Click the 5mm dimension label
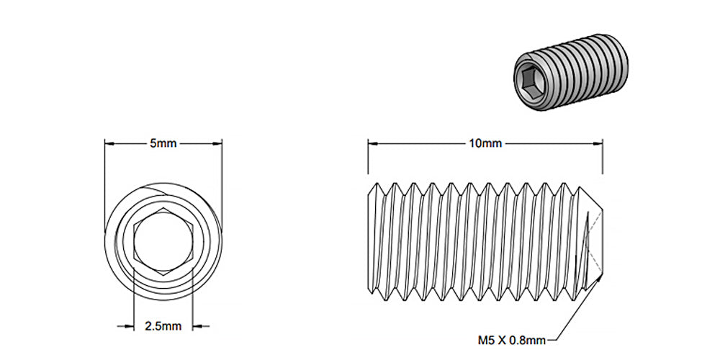(163, 143)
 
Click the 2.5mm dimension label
(163, 326)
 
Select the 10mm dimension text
(485, 143)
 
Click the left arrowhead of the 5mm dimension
(109, 143)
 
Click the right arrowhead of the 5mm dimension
(218, 143)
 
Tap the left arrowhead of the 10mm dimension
(372, 143)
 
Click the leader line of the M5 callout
(572, 317)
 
